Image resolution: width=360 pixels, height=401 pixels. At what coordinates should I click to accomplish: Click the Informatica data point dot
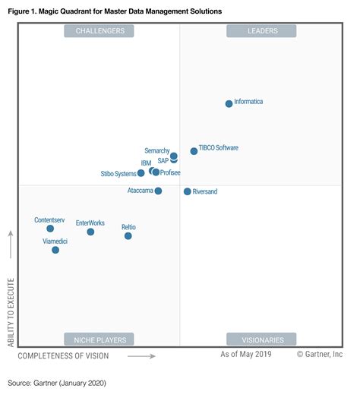pyautogui.click(x=229, y=103)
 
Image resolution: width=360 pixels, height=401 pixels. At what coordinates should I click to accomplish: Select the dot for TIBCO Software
pyautogui.click(x=194, y=151)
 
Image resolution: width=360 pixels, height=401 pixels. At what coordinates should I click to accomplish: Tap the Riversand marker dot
pyautogui.click(x=188, y=191)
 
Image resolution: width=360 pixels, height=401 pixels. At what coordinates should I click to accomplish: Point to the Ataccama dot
pyautogui.click(x=158, y=191)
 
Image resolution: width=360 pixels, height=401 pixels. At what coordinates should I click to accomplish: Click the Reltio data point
pyautogui.click(x=128, y=236)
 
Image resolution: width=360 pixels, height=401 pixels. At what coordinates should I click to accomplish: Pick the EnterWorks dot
pyautogui.click(x=90, y=232)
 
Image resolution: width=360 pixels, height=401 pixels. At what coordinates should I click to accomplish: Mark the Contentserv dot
pyautogui.click(x=50, y=229)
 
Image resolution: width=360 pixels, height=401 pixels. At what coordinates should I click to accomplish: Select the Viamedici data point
pyautogui.click(x=55, y=250)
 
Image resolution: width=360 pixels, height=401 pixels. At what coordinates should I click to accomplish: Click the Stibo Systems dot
pyautogui.click(x=141, y=173)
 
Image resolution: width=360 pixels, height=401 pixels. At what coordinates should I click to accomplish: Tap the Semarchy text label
pyautogui.click(x=156, y=151)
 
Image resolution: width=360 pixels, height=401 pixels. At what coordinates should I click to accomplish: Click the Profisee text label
pyautogui.click(x=170, y=173)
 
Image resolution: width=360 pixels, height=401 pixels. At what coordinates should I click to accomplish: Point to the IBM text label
pyautogui.click(x=146, y=163)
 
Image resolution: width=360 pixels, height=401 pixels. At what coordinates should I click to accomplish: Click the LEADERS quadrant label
pyautogui.click(x=262, y=31)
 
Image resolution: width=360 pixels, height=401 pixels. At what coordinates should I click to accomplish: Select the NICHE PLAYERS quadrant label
pyautogui.click(x=99, y=339)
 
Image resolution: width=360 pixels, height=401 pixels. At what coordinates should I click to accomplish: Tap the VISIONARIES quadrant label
pyautogui.click(x=261, y=339)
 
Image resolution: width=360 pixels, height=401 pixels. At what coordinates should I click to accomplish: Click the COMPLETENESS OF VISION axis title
pyautogui.click(x=63, y=355)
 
